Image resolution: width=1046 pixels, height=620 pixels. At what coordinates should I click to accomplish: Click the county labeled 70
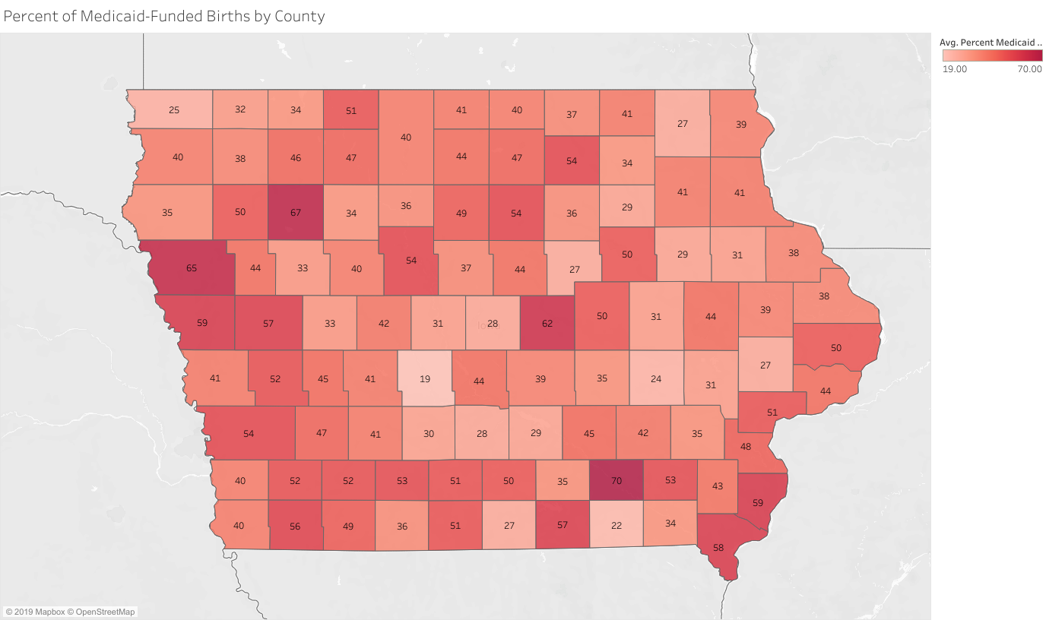click(617, 480)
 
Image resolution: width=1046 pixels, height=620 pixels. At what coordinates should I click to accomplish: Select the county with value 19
click(425, 378)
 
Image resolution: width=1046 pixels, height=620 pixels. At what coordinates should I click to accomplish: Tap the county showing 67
click(295, 213)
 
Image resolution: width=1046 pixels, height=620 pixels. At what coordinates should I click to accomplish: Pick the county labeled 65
click(192, 268)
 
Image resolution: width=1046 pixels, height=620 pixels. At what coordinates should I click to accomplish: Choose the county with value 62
click(547, 323)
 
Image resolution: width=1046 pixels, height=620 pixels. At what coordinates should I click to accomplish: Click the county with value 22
click(617, 525)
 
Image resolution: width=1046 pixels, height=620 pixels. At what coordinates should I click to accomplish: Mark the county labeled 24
click(656, 378)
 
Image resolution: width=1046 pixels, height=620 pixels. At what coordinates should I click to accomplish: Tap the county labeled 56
click(295, 526)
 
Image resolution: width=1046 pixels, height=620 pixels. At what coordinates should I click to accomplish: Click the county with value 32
click(240, 109)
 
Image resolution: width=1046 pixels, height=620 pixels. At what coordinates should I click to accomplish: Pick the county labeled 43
click(718, 486)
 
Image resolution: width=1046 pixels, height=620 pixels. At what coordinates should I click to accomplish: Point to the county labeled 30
click(429, 433)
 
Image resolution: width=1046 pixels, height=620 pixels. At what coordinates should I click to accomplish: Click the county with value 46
click(295, 157)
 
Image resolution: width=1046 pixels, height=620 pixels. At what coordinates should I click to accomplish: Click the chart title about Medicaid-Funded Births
click(164, 16)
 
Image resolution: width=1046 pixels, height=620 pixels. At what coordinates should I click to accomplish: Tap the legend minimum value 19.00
click(955, 69)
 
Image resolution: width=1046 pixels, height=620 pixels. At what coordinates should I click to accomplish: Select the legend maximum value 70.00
click(1029, 69)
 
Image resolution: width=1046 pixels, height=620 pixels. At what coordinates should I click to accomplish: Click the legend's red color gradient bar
click(992, 55)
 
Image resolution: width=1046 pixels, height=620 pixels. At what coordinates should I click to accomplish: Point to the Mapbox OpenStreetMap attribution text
click(70, 612)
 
